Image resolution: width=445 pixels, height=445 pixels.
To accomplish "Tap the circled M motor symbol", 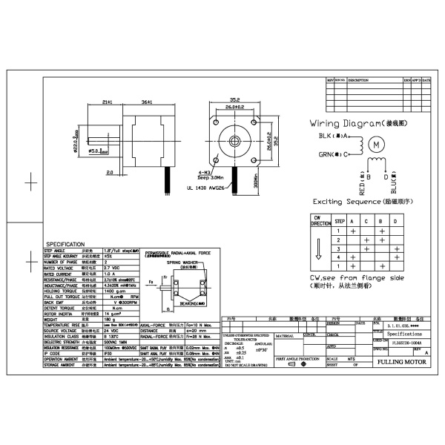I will (378, 143).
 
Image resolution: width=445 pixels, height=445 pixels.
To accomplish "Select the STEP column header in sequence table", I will (340, 221).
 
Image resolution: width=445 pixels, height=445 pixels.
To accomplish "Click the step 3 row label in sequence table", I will (340, 249).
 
